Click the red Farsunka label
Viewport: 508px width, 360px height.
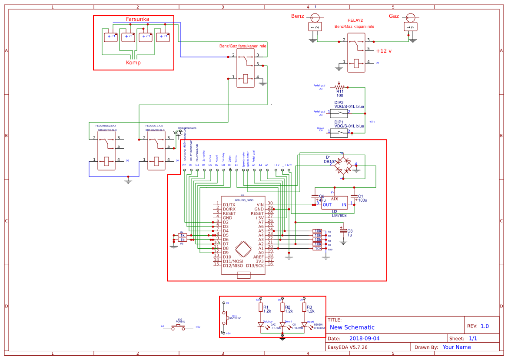137,19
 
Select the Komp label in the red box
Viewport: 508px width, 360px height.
133,63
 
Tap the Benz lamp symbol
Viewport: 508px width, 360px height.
315,17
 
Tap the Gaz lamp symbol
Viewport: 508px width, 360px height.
409,17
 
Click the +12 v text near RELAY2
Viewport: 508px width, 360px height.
384,51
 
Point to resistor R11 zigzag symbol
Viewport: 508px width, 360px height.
339,87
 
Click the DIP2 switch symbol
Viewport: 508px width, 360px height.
339,112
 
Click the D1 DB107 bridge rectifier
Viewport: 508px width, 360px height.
343,166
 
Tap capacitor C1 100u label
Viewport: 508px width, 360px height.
362,198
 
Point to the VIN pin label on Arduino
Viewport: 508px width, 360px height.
260,205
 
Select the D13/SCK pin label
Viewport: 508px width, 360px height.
255,266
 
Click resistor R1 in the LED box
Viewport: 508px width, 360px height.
261,308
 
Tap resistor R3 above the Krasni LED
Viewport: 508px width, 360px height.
304,308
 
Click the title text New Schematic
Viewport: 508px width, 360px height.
352,327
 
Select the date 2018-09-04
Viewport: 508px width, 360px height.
364,338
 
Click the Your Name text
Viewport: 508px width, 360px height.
456,347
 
